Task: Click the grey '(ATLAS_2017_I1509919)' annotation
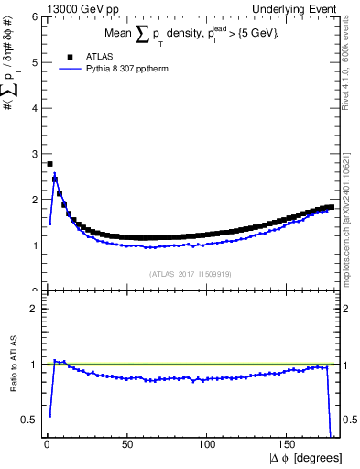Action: (x=190, y=274)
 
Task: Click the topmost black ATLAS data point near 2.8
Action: (x=49, y=164)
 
